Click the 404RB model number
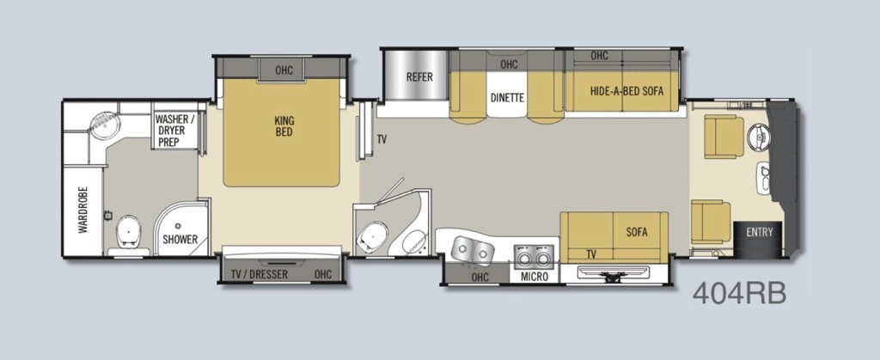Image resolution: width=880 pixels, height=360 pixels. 739,293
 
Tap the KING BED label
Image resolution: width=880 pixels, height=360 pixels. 284,126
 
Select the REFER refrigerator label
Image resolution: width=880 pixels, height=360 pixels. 419,76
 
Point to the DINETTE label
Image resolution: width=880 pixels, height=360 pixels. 507,98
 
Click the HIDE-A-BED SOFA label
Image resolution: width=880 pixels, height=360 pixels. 626,91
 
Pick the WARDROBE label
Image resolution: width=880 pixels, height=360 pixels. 83,209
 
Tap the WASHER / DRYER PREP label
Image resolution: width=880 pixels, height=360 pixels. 175,131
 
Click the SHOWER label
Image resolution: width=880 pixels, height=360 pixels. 180,240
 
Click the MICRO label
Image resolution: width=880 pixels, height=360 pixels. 534,277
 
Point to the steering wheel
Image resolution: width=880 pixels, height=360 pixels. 761,137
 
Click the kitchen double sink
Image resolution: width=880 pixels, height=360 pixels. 473,250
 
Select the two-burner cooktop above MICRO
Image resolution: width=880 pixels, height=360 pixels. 534,256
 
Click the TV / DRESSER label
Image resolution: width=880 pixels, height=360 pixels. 260,274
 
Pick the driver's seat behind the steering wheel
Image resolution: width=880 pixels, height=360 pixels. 724,137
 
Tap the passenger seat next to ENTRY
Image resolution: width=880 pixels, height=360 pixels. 711,222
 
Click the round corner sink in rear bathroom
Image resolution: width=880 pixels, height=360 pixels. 103,125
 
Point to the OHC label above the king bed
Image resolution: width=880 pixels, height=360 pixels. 284,70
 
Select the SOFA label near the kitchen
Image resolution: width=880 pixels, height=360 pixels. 637,232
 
